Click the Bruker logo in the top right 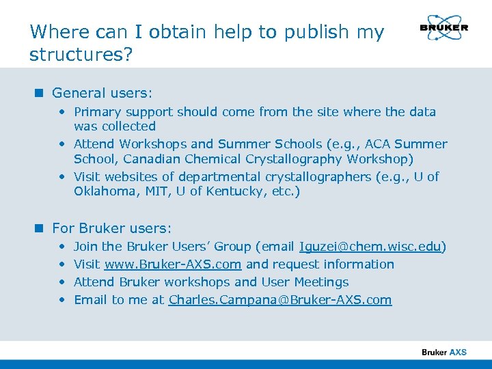pyautogui.click(x=443, y=28)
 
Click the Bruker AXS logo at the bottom pyautogui.click(x=444, y=352)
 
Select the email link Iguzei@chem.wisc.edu pyautogui.click(x=370, y=247)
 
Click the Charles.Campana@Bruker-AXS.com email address pyautogui.click(x=280, y=300)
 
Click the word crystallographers pyautogui.click(x=318, y=177)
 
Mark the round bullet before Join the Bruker pyautogui.click(x=62, y=247)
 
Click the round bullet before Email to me pyautogui.click(x=62, y=300)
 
